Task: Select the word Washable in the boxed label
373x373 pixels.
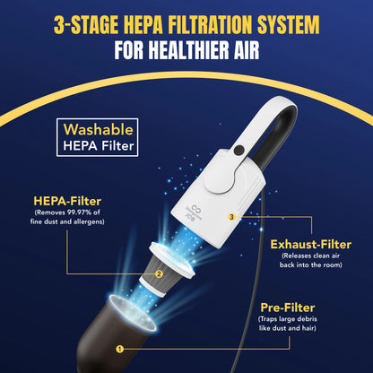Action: pyautogui.click(x=99, y=130)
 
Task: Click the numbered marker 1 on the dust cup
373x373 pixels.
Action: pyautogui.click(x=120, y=349)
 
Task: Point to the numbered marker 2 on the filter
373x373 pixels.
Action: pyautogui.click(x=159, y=273)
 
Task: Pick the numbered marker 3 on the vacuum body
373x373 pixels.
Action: pyautogui.click(x=231, y=217)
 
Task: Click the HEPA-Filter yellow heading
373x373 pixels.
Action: pyautogui.click(x=67, y=201)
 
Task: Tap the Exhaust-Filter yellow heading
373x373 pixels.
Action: pyautogui.click(x=311, y=245)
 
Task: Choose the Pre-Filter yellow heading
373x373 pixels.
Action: pyautogui.click(x=288, y=308)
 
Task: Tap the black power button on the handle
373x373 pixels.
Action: pyautogui.click(x=239, y=150)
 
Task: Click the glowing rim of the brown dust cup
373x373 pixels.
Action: pyautogui.click(x=133, y=312)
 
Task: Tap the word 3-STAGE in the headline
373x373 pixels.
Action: pyautogui.click(x=86, y=24)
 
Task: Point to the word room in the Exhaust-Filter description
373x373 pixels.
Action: pyautogui.click(x=333, y=265)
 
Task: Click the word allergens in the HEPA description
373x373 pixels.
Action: pyautogui.click(x=89, y=221)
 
